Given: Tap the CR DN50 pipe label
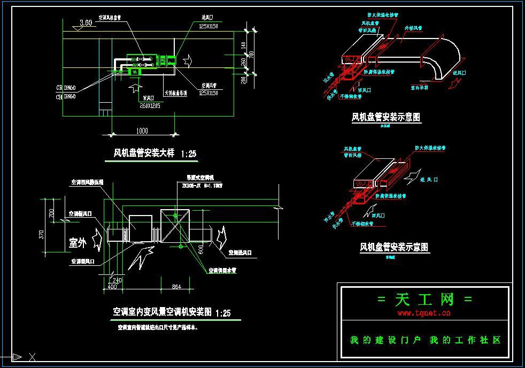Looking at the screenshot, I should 66,87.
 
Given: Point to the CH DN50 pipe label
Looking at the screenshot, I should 66,97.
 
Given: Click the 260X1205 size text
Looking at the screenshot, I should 150,106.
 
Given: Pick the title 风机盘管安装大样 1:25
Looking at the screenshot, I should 155,154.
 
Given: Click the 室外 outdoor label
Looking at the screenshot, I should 78,242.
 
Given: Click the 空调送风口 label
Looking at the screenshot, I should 240,252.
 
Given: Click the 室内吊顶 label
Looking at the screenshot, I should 420,87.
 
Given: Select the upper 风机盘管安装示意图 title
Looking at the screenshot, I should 385,117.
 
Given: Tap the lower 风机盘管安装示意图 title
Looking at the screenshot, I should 395,247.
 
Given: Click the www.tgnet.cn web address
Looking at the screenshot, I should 424,313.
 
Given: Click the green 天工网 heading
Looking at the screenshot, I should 424,300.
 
